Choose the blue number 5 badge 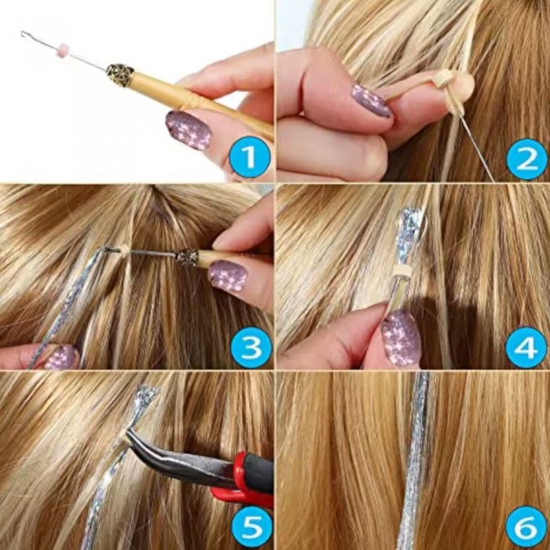250,527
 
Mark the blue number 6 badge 526,527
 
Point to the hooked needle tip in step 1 24,35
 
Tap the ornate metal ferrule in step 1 119,75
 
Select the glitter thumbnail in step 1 189,130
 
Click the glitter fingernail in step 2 371,101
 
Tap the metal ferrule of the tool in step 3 187,257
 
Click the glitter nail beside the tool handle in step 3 228,277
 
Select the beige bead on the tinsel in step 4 401,270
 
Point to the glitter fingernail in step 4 401,338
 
